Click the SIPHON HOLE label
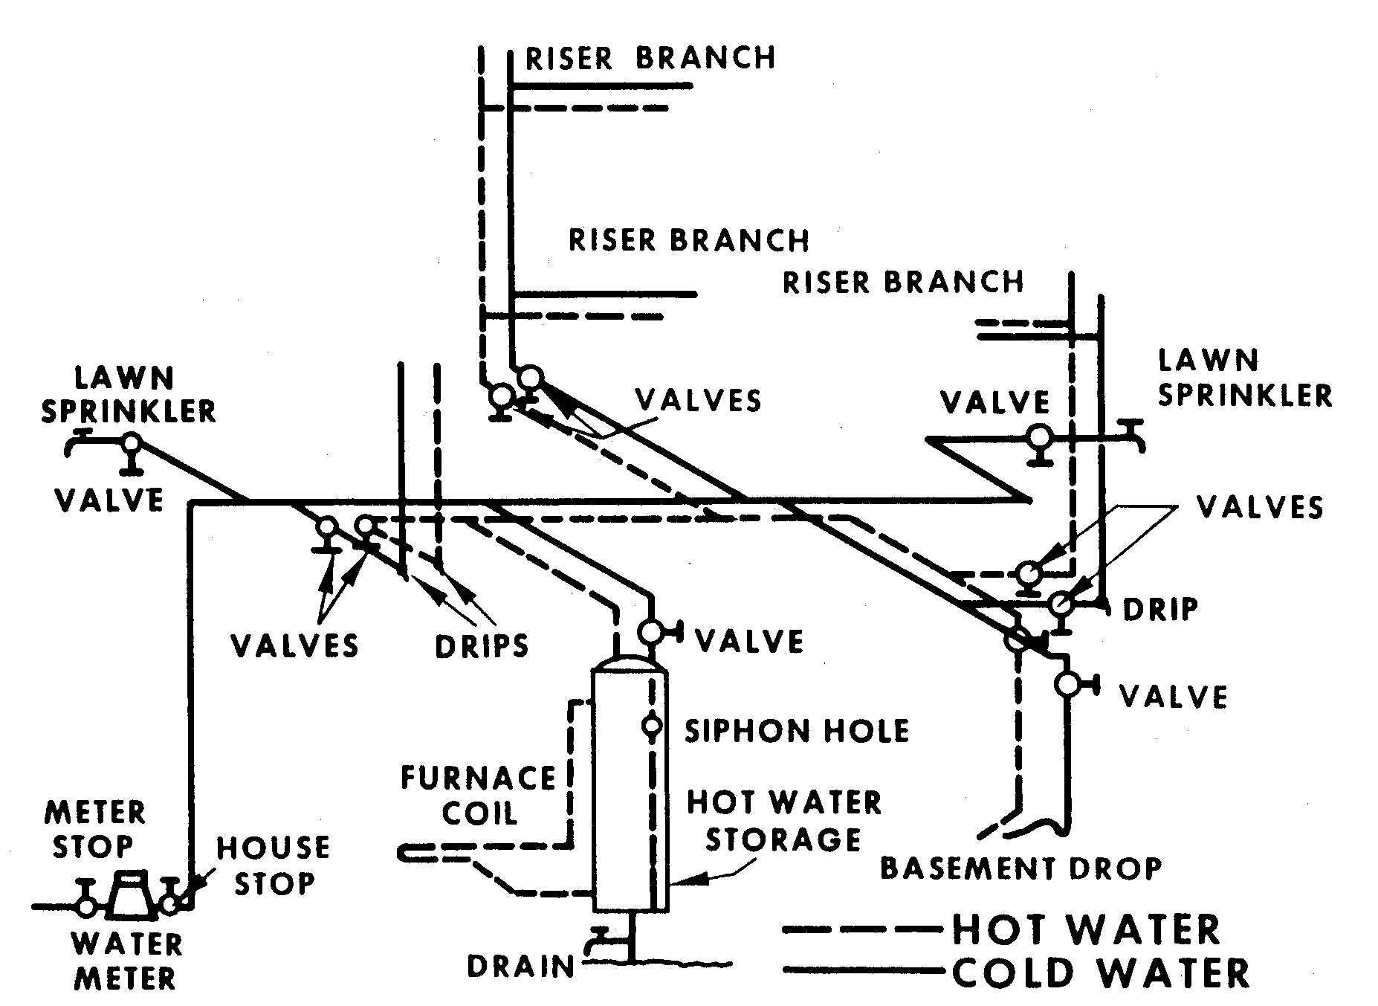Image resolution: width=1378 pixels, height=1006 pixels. point(796,732)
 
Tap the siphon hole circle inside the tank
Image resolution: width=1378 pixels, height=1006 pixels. point(652,725)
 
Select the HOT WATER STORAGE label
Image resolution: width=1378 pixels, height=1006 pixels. point(783,821)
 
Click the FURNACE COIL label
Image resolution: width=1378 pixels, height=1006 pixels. point(479,796)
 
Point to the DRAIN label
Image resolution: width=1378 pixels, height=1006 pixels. point(521,967)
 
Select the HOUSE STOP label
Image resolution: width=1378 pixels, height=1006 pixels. point(273,866)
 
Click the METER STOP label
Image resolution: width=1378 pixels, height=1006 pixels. point(94,830)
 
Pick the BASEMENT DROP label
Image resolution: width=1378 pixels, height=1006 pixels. point(1020,868)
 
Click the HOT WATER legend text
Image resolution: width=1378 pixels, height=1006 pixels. point(1086,929)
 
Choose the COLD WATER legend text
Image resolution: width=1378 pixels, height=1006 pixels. point(1101,973)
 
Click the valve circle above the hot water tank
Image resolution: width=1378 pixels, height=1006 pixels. point(650,632)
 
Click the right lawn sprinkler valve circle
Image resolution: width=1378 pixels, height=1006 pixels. point(1038,436)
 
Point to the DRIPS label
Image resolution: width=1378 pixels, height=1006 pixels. point(482,646)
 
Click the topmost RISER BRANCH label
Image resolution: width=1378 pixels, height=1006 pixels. point(650,58)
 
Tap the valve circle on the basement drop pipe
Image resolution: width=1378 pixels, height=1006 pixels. point(1067,684)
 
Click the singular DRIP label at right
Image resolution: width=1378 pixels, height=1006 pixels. point(1160,610)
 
